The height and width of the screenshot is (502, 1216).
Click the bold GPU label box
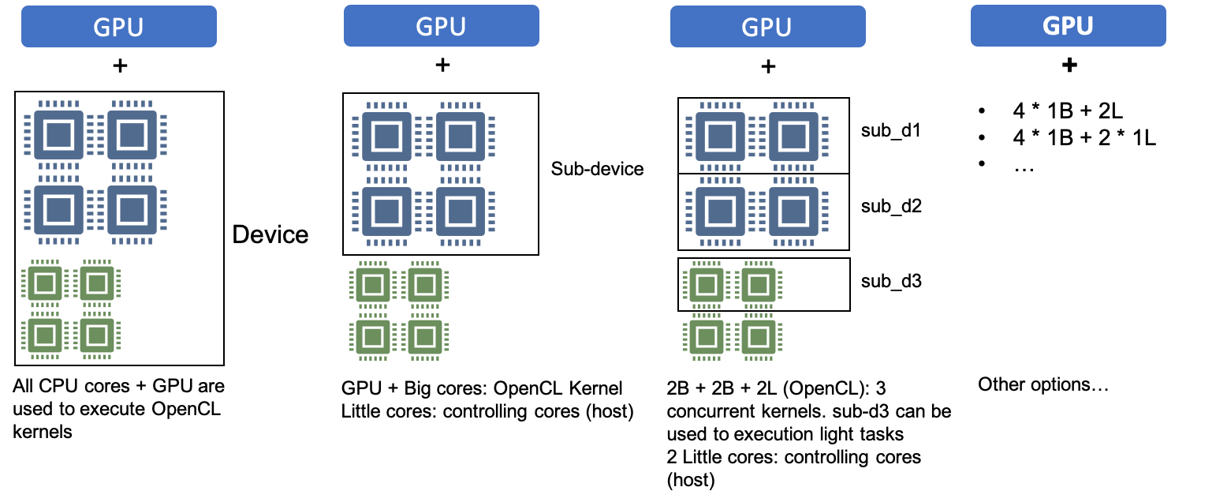1068,26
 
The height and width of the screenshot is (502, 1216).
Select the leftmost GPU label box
119,27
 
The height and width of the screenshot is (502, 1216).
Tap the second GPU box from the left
442,26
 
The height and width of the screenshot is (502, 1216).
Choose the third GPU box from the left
767,27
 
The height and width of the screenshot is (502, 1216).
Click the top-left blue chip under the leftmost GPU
59,135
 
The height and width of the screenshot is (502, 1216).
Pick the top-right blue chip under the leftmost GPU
132,135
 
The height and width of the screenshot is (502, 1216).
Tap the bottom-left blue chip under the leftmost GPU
59,210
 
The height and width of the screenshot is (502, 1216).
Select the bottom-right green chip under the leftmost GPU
97,335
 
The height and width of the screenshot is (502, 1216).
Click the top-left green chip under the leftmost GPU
45,283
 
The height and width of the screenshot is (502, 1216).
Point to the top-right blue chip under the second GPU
461,137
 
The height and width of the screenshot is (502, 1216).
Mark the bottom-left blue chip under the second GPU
387,212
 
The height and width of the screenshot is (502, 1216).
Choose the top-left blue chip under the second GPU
387,137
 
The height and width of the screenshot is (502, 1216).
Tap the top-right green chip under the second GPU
425,285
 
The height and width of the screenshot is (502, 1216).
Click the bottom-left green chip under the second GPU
373,337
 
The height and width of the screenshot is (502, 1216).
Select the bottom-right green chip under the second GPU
425,337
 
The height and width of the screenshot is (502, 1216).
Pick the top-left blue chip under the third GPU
720,137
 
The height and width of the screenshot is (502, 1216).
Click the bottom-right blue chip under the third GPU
793,212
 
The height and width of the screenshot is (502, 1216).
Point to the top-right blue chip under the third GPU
793,137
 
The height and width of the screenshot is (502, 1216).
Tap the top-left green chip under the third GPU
707,285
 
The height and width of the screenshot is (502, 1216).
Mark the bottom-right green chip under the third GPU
759,337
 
